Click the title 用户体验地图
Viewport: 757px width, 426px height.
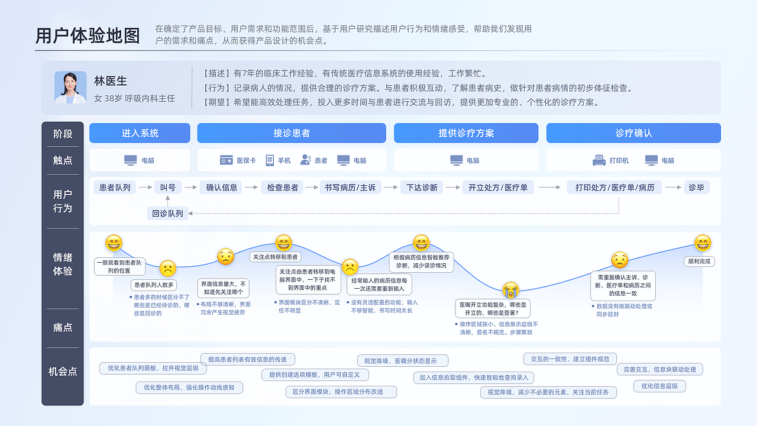coord(88,35)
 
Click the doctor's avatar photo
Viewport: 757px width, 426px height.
coord(70,87)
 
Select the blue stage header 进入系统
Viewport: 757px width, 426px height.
coord(140,133)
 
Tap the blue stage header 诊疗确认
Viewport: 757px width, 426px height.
coord(633,133)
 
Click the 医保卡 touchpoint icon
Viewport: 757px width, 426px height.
coord(226,160)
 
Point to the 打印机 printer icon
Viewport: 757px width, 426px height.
coord(599,160)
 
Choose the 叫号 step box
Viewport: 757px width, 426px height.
coord(168,188)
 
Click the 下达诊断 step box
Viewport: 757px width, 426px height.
coord(422,188)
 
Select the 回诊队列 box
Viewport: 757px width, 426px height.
coord(167,214)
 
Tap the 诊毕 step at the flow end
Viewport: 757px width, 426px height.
coord(697,188)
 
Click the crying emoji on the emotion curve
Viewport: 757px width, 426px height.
coord(511,290)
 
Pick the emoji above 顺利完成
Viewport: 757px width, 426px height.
coord(703,243)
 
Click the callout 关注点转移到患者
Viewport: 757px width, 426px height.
coord(276,257)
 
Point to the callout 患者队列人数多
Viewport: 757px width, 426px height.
coord(153,285)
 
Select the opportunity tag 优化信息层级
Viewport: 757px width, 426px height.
coord(659,386)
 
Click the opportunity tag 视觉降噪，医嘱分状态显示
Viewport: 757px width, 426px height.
coord(402,361)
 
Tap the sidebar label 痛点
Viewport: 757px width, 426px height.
coord(63,327)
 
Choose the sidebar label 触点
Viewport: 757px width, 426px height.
coord(63,160)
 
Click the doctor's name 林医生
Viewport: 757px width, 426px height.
coord(111,81)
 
